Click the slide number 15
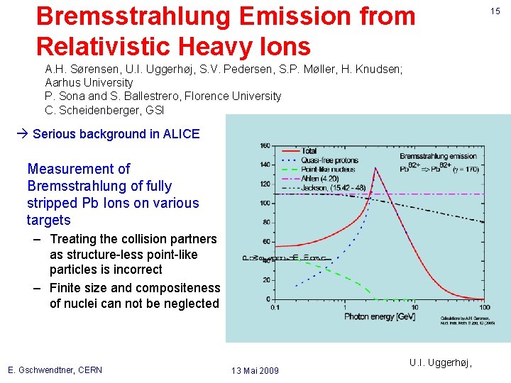[495, 11]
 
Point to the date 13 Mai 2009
[255, 370]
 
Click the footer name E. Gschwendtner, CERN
[55, 370]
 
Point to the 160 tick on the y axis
[265, 147]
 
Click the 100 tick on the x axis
[483, 307]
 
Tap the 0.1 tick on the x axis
[275, 307]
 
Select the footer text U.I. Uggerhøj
[440, 362]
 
